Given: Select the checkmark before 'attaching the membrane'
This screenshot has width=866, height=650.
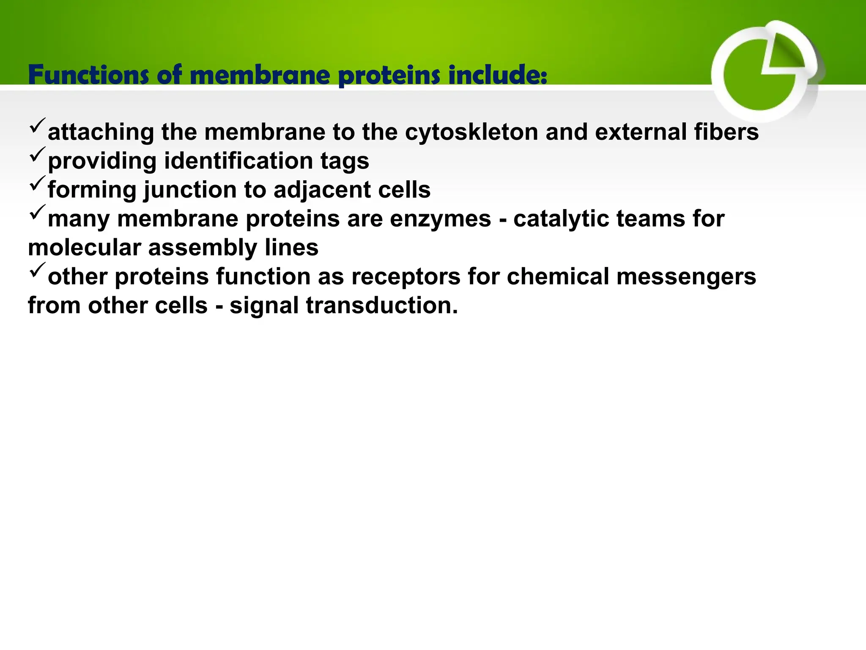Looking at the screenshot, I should coord(37,126).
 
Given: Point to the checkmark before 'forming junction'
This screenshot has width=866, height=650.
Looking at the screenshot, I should coord(37,184).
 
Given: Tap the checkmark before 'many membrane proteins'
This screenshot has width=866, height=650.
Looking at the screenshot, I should coord(37,212).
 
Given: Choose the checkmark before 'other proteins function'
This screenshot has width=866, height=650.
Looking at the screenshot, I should coord(37,270).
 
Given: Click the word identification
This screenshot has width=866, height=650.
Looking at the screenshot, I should coord(238,161).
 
